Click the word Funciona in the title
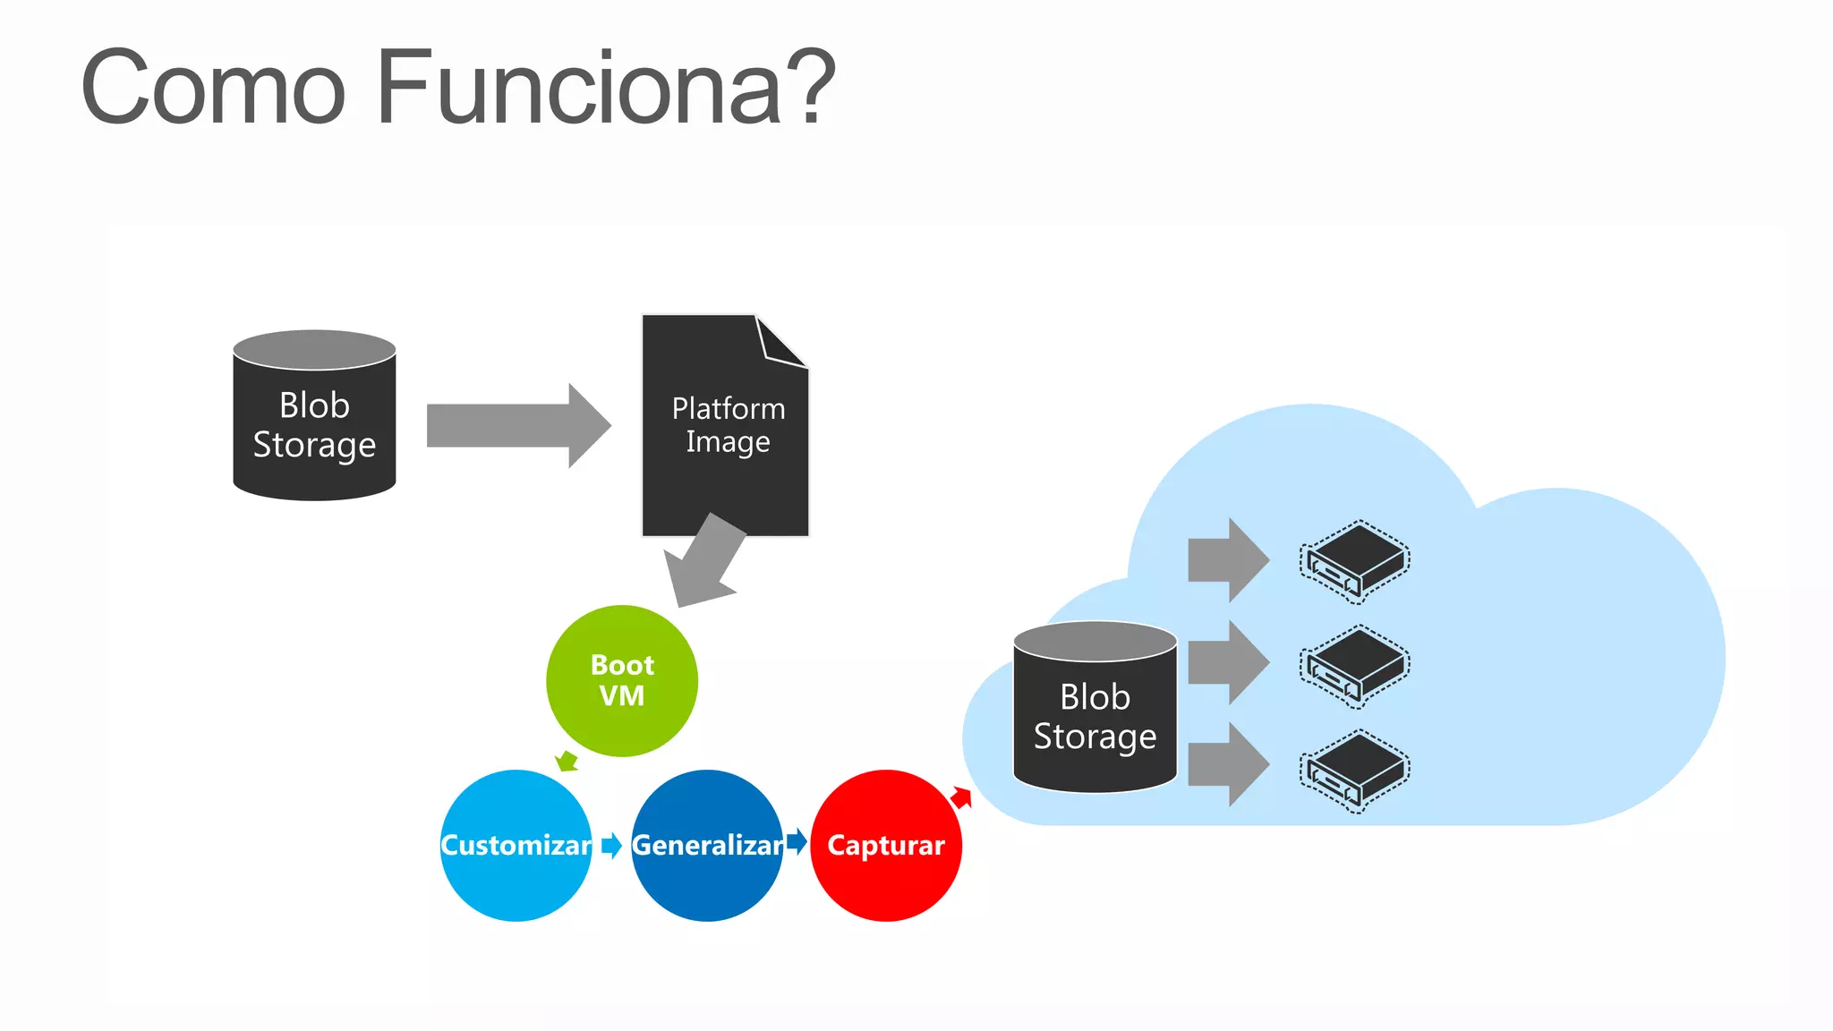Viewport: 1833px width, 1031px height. click(x=580, y=88)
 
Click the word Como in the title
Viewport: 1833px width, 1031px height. click(x=213, y=88)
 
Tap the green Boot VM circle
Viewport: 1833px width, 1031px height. click(x=622, y=681)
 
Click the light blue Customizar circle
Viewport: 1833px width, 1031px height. click(x=516, y=846)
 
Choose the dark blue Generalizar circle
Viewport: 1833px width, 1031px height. click(x=707, y=846)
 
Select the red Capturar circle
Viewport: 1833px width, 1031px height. click(x=886, y=846)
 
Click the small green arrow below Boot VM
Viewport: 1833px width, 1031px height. click(x=567, y=762)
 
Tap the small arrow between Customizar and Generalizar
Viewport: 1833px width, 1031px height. click(x=611, y=845)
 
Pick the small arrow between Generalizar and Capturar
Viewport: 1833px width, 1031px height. click(x=797, y=841)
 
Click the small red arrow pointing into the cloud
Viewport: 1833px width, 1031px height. click(x=961, y=797)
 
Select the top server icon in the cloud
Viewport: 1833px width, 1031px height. click(x=1354, y=561)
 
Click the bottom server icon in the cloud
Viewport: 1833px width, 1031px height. click(x=1354, y=771)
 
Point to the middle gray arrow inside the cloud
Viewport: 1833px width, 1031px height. click(x=1227, y=662)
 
